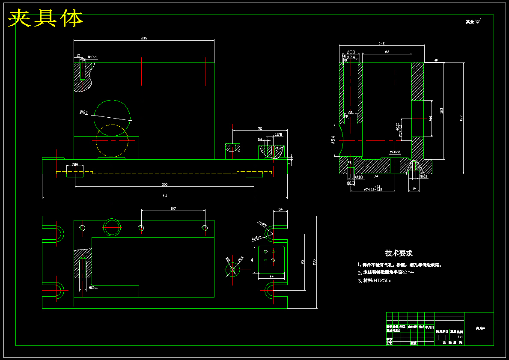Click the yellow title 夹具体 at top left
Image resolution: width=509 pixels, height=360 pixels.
pos(46,18)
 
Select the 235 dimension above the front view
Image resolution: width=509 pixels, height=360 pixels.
pos(144,38)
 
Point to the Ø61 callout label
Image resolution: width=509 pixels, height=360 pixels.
pos(83,112)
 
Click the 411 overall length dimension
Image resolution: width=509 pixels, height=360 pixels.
pos(165,196)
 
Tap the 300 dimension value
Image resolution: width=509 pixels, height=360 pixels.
pos(164,184)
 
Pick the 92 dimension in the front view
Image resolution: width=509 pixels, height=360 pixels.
pos(260,128)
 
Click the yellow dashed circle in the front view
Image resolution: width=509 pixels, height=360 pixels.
pos(112,141)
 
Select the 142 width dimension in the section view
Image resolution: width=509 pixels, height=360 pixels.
pos(382,44)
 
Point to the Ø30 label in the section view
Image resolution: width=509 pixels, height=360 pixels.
pos(351,52)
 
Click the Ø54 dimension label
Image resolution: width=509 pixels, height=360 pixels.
pos(333,140)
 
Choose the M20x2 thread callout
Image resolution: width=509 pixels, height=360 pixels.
pos(395,152)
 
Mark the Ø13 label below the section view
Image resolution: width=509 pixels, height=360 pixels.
pos(351,183)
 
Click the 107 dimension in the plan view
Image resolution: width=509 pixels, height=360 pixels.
pos(173,208)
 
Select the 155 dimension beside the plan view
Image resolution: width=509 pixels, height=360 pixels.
pos(314,262)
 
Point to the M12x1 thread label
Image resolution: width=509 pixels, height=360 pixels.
pos(93,288)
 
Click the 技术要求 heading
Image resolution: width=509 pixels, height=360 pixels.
pos(399,253)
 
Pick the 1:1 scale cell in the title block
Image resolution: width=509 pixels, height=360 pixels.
pos(460,337)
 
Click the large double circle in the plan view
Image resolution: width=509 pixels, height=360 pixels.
pos(112,226)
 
